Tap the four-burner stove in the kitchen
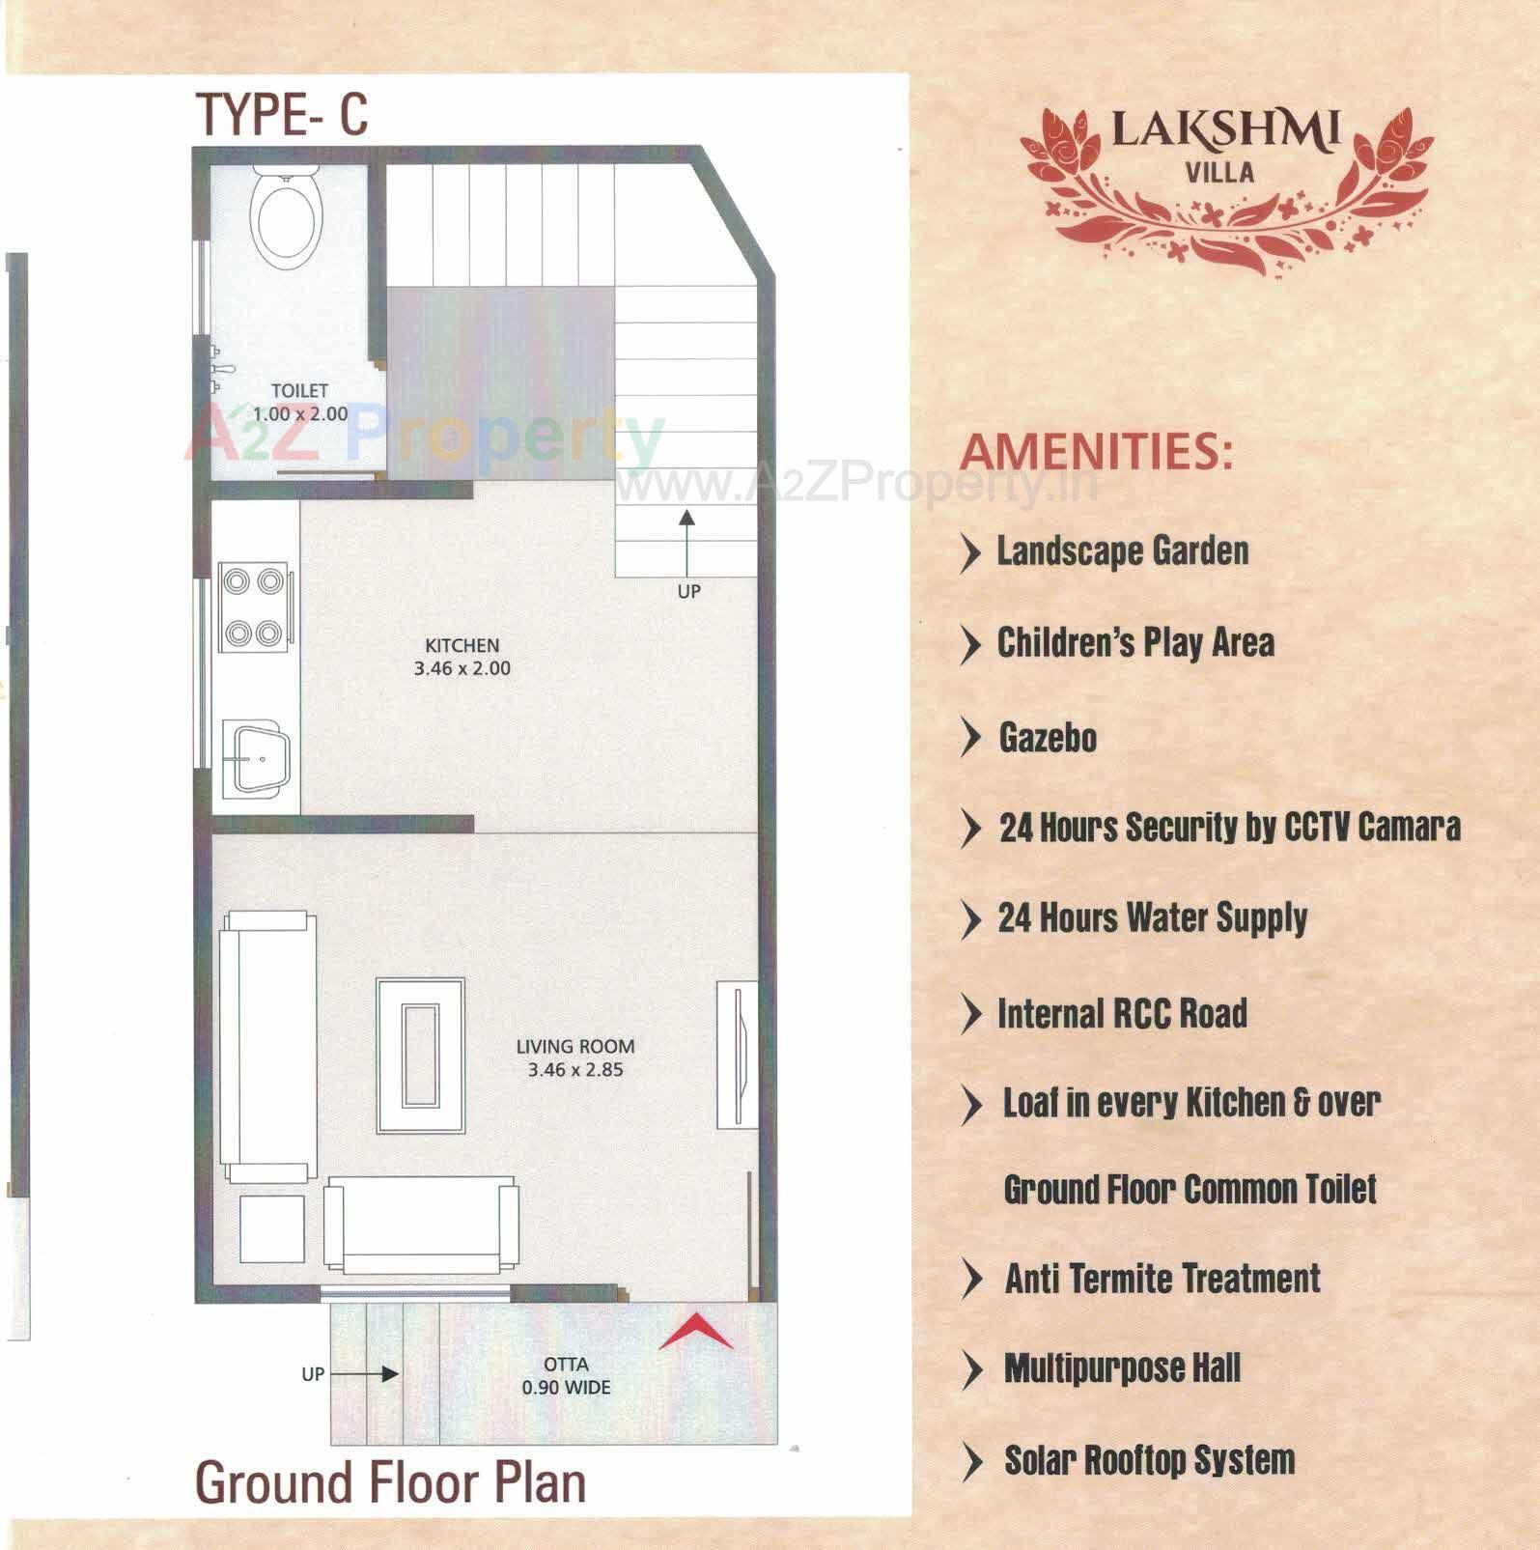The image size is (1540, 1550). point(254,607)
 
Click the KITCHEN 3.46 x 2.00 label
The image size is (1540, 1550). point(462,657)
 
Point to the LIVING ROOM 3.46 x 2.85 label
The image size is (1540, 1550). point(574,1057)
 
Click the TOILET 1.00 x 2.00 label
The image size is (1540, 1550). point(299,402)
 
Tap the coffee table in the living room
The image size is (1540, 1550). point(420,1056)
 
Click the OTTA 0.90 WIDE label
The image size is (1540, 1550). point(566,1376)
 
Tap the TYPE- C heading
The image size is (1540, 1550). point(282,114)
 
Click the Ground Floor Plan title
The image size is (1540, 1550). point(390,1482)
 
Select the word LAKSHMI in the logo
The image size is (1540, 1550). point(1225,130)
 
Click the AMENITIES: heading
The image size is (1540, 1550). point(1097,451)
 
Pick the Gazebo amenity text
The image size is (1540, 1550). point(1048,738)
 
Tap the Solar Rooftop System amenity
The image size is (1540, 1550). point(1149,1460)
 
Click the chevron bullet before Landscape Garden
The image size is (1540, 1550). point(969,552)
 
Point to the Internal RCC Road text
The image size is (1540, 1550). point(1122,1014)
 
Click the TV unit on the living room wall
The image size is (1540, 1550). point(736,1055)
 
